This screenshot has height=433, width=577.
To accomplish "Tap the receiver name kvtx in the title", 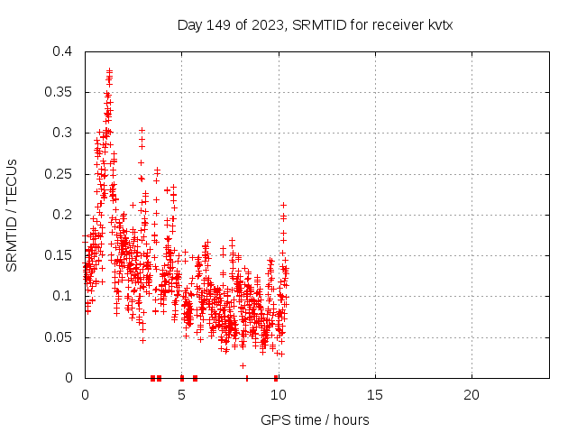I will coord(436,24).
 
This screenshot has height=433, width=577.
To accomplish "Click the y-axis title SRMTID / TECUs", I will coord(13,215).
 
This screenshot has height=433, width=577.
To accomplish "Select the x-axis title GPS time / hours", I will coord(315,419).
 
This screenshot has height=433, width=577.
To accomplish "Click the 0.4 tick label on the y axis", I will coord(61,51).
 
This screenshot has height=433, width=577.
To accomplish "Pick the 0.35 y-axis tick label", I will coord(58,92).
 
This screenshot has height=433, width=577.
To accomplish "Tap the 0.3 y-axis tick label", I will coord(61,133).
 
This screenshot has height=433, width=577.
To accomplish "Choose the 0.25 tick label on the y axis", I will coord(58,174).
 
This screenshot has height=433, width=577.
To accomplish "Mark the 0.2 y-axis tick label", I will coord(61,215).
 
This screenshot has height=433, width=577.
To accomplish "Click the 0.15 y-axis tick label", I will coord(58,255).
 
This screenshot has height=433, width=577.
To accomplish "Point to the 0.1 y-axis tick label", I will coord(61,296).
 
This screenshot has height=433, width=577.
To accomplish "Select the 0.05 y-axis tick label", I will coord(58,337).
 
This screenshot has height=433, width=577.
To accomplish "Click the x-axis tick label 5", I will coord(181,395).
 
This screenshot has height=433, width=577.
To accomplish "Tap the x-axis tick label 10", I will coord(278,395).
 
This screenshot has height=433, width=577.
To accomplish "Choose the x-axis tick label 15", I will coord(374,395).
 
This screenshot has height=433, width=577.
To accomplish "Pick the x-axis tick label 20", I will coord(471,395).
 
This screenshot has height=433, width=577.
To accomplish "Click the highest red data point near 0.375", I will coord(109,70).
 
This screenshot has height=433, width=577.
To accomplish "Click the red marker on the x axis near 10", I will coord(275,378).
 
